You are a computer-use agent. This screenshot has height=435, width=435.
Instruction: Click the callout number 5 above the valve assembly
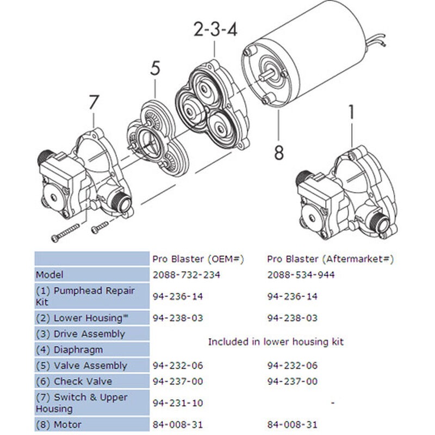coord(155,69)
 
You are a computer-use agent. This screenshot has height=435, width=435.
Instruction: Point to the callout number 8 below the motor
coord(278,152)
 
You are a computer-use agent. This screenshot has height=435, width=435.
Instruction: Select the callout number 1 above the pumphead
coord(351,113)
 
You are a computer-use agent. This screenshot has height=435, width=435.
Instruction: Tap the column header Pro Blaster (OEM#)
coord(197,259)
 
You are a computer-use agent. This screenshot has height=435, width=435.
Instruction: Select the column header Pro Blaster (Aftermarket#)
coord(330,259)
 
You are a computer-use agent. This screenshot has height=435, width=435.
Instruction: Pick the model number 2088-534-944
coord(301,275)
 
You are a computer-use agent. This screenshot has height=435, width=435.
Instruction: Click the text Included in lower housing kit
coord(276,341)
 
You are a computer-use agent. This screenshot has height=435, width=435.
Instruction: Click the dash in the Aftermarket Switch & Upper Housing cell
coord(332,403)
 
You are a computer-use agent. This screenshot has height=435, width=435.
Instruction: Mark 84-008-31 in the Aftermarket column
coord(292,424)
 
